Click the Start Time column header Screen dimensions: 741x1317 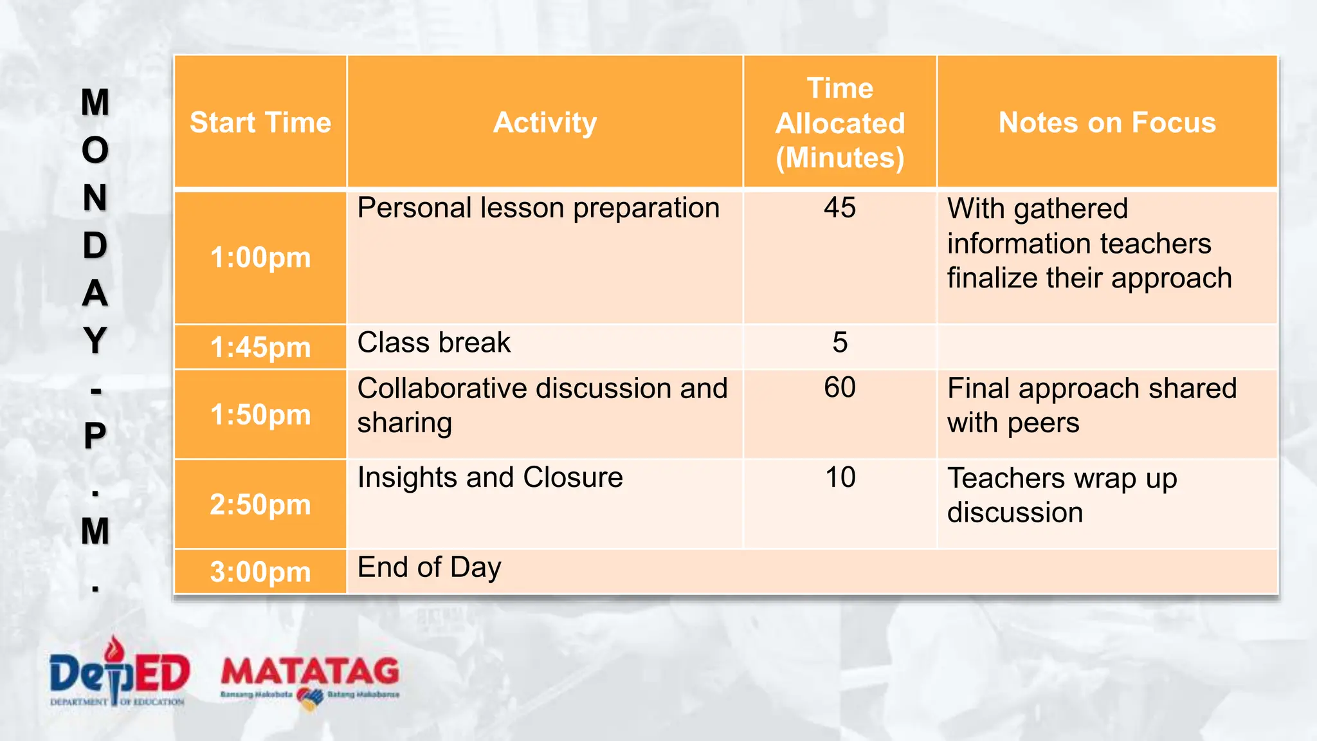click(x=260, y=122)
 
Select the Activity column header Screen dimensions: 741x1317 click(x=545, y=122)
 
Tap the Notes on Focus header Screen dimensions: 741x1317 click(x=1107, y=122)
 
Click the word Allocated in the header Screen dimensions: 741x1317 click(x=840, y=123)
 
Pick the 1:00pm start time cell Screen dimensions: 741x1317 click(x=260, y=257)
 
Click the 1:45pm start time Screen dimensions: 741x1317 click(x=260, y=347)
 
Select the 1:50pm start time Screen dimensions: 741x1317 click(x=260, y=414)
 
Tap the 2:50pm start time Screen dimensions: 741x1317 click(x=260, y=504)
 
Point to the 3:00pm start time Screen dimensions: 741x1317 click(x=260, y=572)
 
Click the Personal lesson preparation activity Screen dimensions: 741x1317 click(x=538, y=208)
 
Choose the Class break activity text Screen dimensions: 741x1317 click(x=433, y=342)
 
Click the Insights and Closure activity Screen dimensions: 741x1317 click(x=490, y=477)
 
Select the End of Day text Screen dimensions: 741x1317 click(x=429, y=567)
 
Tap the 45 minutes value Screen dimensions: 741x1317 click(x=840, y=208)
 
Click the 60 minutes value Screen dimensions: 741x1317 click(x=840, y=387)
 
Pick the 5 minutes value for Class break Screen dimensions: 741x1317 click(x=840, y=342)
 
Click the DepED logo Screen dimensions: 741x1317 click(x=119, y=673)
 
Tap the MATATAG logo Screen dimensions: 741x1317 click(x=310, y=679)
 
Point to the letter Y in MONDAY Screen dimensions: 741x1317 click(x=95, y=340)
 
